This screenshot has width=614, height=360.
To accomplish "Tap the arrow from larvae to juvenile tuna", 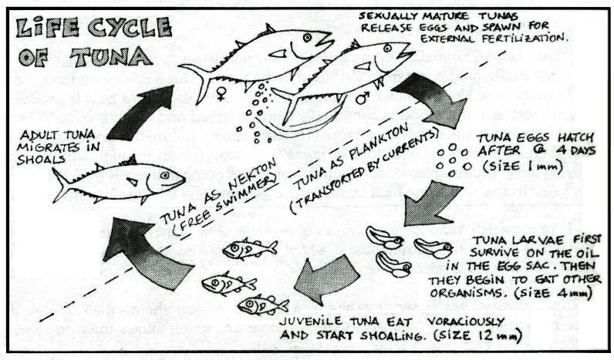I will pyautogui.click(x=318, y=277).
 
